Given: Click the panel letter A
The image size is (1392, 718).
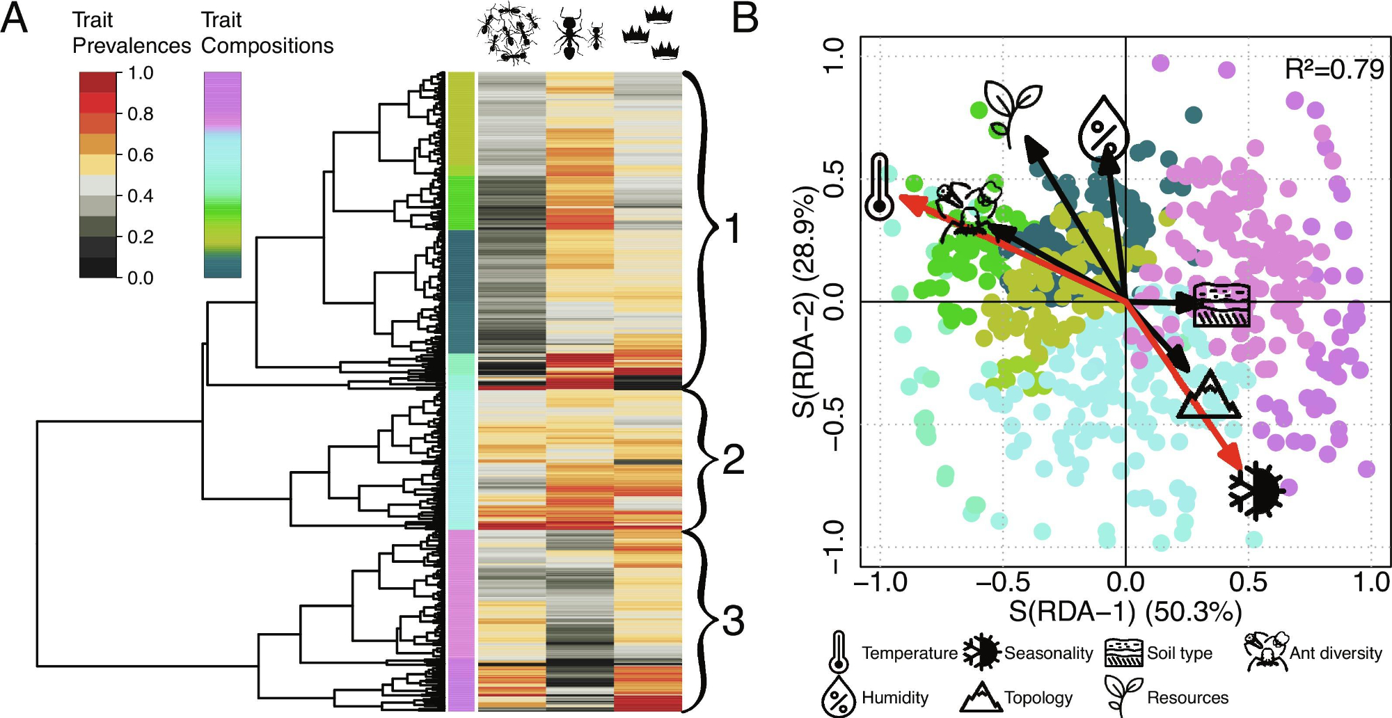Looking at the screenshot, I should click(x=15, y=19).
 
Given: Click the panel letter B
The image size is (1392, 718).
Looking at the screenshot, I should click(x=745, y=19).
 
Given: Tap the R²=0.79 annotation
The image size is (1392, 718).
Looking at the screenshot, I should click(x=1334, y=70).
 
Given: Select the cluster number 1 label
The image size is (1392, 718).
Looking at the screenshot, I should click(x=732, y=229).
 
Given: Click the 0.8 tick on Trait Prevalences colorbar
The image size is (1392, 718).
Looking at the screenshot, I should click(x=141, y=113).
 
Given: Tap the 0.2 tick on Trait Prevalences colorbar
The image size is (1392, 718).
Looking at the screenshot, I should click(x=141, y=237).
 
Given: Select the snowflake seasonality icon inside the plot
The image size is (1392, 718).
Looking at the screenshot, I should click(x=1256, y=490).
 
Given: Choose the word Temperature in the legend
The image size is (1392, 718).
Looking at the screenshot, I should click(x=909, y=653).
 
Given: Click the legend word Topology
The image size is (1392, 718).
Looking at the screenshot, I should click(x=1038, y=697).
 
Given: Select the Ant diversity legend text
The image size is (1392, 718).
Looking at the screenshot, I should click(x=1336, y=653).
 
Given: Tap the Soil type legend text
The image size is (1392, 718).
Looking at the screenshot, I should click(x=1180, y=653).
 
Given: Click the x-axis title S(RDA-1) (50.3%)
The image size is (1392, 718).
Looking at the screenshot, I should click(x=1125, y=612).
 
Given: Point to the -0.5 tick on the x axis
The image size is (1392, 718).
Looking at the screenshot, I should click(x=1003, y=582).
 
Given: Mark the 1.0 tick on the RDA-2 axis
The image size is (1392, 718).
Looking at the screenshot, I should click(x=833, y=54).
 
